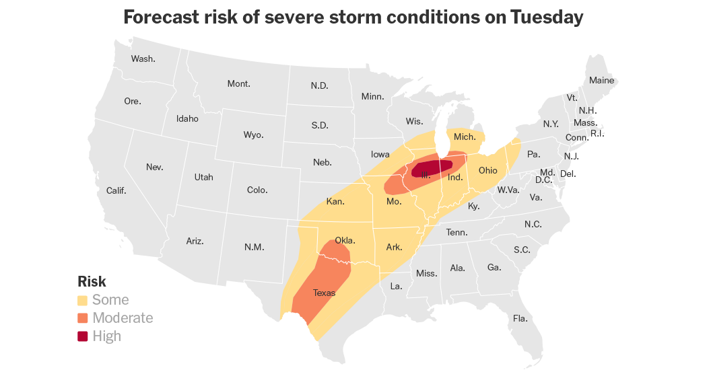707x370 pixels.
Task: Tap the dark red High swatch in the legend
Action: click(83, 336)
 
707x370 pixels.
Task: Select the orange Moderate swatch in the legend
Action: click(83, 318)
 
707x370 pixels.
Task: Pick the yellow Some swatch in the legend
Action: click(83, 300)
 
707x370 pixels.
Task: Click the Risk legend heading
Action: click(92, 282)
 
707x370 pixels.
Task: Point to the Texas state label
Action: click(324, 293)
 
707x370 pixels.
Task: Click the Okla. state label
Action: click(345, 240)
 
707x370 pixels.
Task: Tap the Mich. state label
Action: click(465, 137)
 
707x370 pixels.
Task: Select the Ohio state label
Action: click(487, 170)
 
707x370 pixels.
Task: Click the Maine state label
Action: click(601, 80)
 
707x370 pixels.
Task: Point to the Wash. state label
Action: click(143, 59)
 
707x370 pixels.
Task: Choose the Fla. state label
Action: click(519, 318)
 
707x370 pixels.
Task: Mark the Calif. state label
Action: click(116, 190)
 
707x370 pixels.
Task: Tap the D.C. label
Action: click(543, 180)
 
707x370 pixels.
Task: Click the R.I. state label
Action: click(597, 133)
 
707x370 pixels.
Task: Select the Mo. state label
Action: click(394, 201)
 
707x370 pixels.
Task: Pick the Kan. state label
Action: click(335, 201)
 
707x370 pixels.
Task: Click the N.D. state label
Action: click(319, 85)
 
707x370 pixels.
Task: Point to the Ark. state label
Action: click(394, 248)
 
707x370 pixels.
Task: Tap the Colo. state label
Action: click(257, 190)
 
